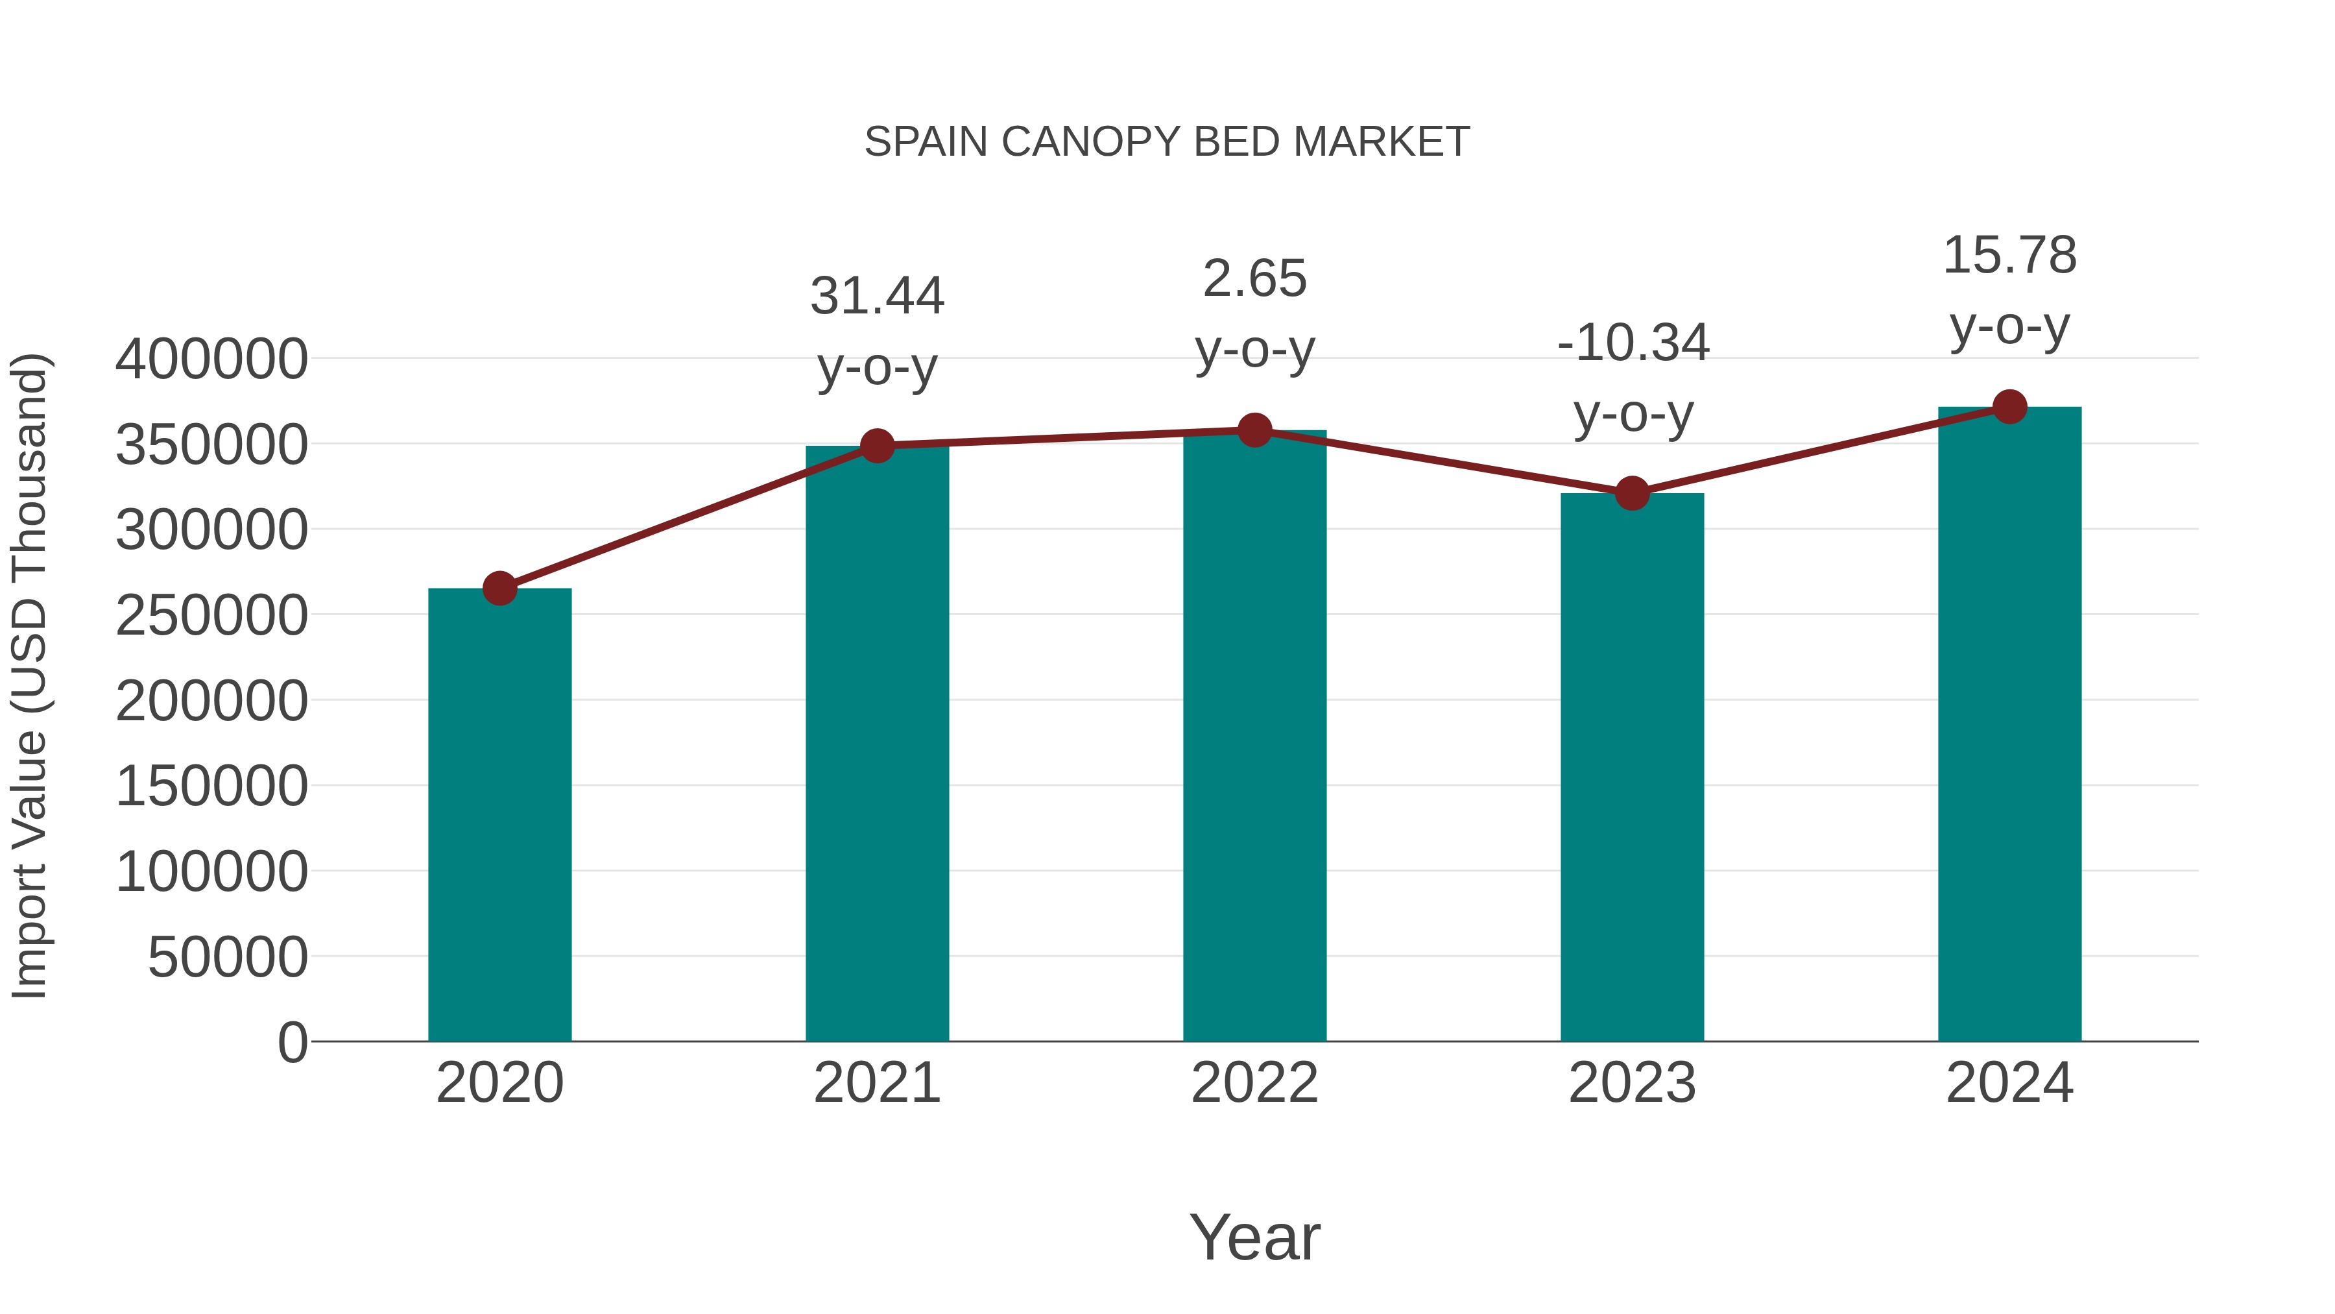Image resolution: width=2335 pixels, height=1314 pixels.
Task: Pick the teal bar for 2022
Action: pos(1254,735)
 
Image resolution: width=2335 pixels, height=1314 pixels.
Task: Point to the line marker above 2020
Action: pos(499,589)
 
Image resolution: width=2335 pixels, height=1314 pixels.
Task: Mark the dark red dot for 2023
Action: pos(1632,493)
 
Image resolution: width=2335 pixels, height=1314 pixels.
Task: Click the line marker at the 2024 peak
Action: pos(2009,407)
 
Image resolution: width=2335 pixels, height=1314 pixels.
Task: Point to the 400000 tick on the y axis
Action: pos(211,359)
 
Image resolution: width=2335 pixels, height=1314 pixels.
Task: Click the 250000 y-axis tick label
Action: pos(211,616)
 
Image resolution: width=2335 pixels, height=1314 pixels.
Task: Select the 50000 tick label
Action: pos(228,958)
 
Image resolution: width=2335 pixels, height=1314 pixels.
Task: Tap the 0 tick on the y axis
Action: pos(292,1043)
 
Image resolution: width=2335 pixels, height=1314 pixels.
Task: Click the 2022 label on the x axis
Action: pos(1254,1083)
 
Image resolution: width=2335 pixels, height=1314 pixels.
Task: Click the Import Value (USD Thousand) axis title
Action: pos(29,677)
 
